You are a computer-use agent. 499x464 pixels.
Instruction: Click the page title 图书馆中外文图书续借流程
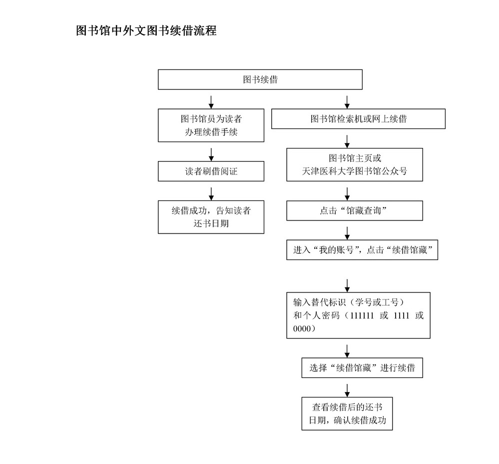point(146,30)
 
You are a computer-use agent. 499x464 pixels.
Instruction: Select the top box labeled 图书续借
point(260,79)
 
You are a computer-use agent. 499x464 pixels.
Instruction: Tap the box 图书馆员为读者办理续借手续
point(211,125)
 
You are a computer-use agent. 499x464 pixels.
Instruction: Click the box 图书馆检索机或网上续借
point(358,119)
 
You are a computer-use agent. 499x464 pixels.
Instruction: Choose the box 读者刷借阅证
point(211,171)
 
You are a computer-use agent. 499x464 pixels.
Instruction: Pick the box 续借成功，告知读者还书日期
point(211,217)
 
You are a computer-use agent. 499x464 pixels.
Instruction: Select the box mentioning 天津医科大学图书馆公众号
point(355,164)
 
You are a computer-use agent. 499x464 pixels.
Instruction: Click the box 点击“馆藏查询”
point(355,210)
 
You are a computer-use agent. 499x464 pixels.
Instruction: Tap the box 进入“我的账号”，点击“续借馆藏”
point(362,249)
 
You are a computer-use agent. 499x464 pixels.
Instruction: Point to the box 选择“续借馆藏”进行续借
point(362,368)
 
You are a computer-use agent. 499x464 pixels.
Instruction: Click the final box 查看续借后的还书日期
point(347,413)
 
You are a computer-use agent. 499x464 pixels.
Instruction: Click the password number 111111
point(362,315)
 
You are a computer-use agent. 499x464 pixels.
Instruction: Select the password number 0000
point(302,328)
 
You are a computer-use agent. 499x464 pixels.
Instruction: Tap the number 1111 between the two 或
point(401,315)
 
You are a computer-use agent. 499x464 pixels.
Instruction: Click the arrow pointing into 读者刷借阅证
point(211,154)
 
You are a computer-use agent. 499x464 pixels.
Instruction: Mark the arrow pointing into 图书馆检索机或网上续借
point(347,102)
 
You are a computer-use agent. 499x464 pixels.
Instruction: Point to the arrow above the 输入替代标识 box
point(347,285)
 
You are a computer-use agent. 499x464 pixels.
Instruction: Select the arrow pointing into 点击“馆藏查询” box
point(347,194)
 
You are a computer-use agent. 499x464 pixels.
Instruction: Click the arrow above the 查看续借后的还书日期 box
point(347,390)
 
